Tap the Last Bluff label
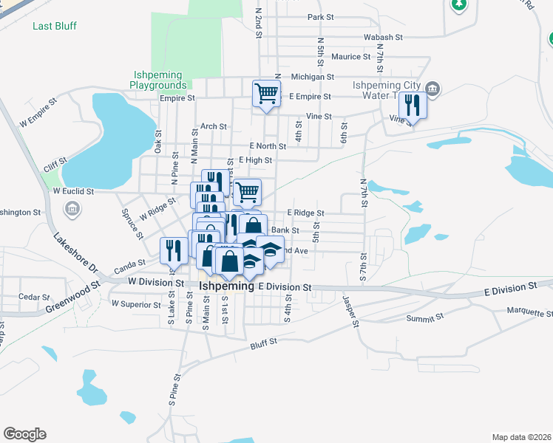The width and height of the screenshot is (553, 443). coord(55,26)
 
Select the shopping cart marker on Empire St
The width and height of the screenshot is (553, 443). coord(266,94)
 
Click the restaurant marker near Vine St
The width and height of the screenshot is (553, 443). coord(413,106)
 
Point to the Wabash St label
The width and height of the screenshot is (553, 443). coord(382,36)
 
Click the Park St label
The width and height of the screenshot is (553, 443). coord(322,17)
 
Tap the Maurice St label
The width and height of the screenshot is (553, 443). coord(350,56)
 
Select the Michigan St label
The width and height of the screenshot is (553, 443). coord(313,76)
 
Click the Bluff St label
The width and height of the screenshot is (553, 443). coord(263,342)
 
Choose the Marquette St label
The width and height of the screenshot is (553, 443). coord(529,312)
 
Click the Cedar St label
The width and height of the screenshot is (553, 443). coord(33,297)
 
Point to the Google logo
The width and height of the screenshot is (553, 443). coord(24,434)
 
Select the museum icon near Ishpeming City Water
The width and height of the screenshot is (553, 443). coord(433,90)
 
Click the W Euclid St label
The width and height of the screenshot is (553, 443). coord(73,190)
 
